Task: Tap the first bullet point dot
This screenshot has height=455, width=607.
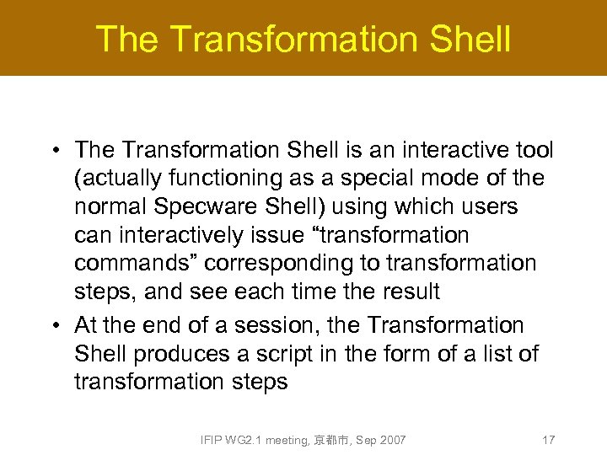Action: [x=54, y=152]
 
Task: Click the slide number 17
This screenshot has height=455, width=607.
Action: [x=548, y=440]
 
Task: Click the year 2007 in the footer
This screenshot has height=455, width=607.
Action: [x=393, y=440]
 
